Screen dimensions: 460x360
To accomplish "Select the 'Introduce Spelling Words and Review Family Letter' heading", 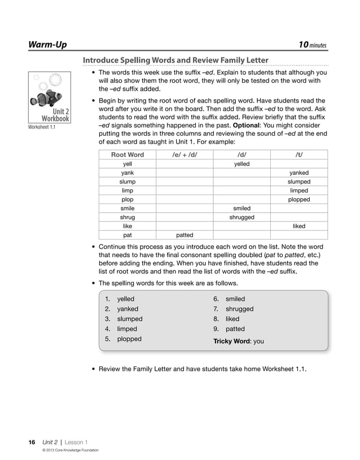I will [175, 60].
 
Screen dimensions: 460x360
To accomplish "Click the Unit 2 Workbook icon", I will [50, 98].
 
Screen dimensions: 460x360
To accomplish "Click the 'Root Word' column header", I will [128, 154].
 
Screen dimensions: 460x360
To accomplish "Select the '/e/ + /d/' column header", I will [185, 154].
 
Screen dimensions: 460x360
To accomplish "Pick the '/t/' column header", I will [298, 154].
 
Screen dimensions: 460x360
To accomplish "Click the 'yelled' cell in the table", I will [242, 163].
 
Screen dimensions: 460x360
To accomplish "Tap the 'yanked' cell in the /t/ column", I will [298, 172].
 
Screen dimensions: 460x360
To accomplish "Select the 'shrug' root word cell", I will [128, 217].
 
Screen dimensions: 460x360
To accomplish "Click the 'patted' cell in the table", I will [185, 235].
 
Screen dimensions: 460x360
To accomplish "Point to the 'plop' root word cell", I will [128, 200].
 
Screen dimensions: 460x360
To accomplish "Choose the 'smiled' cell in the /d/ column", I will [242, 208].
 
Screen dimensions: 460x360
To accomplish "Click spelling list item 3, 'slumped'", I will [129, 319].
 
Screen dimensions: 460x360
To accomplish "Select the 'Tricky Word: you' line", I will [238, 341].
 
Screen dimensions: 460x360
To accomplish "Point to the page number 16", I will [32, 442].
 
